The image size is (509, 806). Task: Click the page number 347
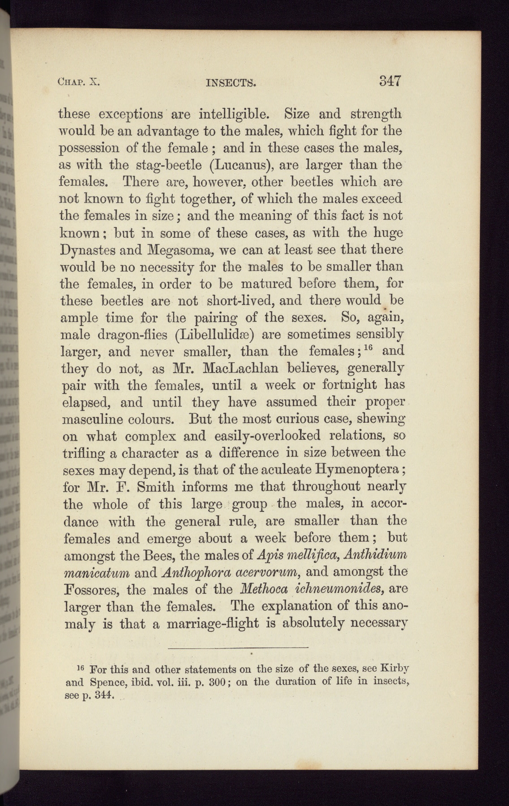pos(389,81)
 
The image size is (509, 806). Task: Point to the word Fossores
pos(90,589)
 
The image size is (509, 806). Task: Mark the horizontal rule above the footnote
pos(238,647)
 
